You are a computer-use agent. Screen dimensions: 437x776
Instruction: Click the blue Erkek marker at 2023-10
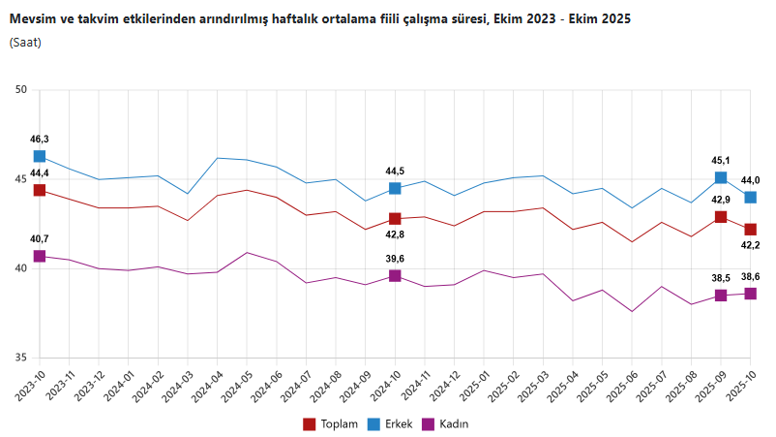tap(40, 156)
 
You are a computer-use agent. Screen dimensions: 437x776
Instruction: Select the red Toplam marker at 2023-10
tap(40, 190)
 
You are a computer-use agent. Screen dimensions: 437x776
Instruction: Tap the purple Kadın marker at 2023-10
tap(40, 256)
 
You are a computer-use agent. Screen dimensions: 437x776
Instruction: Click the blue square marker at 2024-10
tap(395, 188)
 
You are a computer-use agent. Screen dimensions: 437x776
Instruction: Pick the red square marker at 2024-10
tap(395, 219)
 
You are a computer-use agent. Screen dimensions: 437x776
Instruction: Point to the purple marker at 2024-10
tap(395, 276)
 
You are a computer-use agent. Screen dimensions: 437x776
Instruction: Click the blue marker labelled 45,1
tap(721, 177)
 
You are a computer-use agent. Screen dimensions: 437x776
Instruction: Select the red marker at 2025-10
tap(750, 229)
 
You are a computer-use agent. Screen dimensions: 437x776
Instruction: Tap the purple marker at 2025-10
tap(750, 294)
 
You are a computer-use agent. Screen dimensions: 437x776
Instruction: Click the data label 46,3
tap(40, 140)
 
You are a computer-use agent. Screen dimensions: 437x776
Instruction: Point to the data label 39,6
tap(395, 259)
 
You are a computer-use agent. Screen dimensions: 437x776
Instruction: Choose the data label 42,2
tap(750, 246)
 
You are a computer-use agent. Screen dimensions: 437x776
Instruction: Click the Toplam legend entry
tap(331, 423)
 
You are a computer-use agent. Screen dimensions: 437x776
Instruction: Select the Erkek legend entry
tap(397, 423)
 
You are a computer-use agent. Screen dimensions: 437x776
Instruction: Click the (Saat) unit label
tap(25, 43)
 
